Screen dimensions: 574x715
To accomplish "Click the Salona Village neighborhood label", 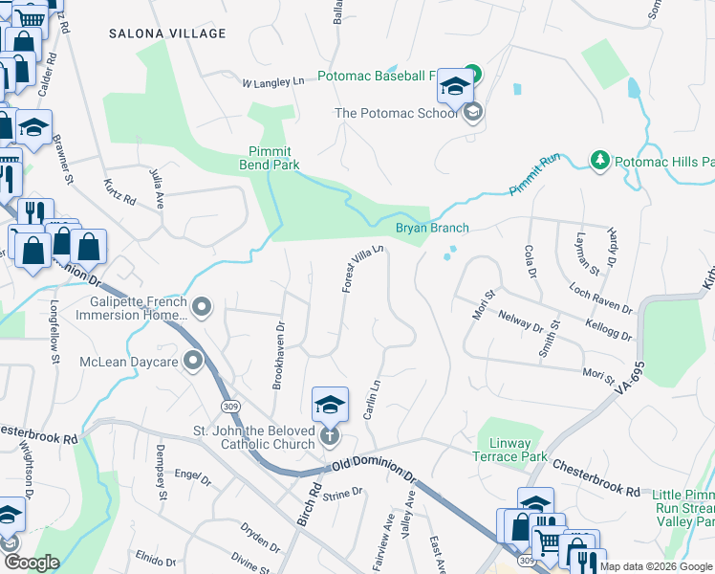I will pyautogui.click(x=167, y=33).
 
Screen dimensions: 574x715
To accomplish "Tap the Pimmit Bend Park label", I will pyautogui.click(x=271, y=158).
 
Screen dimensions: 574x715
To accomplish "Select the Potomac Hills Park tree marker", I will pyautogui.click(x=599, y=159).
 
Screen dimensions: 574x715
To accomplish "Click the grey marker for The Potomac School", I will pyautogui.click(x=471, y=114).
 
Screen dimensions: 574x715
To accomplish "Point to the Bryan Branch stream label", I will pyautogui.click(x=432, y=229).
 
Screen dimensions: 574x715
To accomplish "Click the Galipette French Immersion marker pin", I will pyautogui.click(x=201, y=307).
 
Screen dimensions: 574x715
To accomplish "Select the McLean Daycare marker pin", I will pyautogui.click(x=193, y=362).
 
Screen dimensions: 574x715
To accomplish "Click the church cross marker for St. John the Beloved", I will pyautogui.click(x=329, y=436).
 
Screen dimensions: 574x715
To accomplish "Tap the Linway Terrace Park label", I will pyautogui.click(x=511, y=450).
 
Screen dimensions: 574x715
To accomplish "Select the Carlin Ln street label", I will pyautogui.click(x=373, y=397).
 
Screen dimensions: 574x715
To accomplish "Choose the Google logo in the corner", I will pyautogui.click(x=32, y=563).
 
